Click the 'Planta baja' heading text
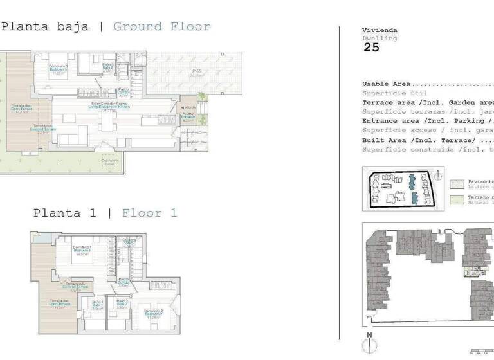pyautogui.click(x=45, y=27)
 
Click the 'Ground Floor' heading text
pyautogui.click(x=161, y=27)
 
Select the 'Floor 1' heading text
pyautogui.click(x=149, y=213)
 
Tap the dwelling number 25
pyautogui.click(x=371, y=47)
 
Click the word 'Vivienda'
pyautogui.click(x=380, y=30)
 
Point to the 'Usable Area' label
pyautogui.click(x=387, y=84)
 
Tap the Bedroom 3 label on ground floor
pyautogui.click(x=59, y=69)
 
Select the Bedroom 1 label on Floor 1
pyautogui.click(x=81, y=251)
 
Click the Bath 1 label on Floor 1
pyautogui.click(x=97, y=305)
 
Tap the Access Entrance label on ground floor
pyautogui.click(x=188, y=116)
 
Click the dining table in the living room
pyautogui.click(x=107, y=122)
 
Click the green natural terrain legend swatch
pyautogui.click(x=457, y=200)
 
